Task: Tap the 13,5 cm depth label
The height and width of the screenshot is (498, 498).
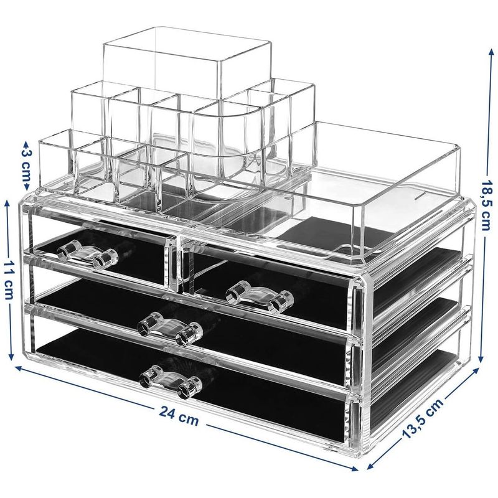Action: click(x=423, y=418)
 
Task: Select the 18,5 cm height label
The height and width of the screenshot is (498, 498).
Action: click(x=487, y=206)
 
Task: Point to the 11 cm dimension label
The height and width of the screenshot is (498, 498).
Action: click(x=9, y=280)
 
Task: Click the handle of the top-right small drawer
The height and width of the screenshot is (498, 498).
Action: click(x=260, y=297)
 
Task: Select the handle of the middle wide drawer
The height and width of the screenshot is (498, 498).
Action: click(x=170, y=329)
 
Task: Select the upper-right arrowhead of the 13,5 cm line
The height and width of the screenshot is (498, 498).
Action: click(x=476, y=370)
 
